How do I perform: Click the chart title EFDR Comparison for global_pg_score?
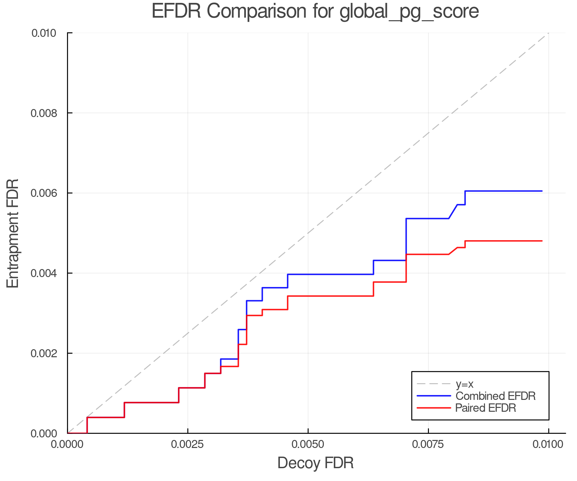tap(315, 12)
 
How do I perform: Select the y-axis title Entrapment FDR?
tap(13, 233)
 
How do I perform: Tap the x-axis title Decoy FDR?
tap(315, 463)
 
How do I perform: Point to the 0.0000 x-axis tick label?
tap(68, 444)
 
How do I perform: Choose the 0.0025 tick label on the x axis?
tap(188, 444)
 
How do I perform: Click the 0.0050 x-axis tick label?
tap(308, 444)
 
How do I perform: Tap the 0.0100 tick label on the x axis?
tap(548, 444)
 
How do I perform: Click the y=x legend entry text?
tap(464, 384)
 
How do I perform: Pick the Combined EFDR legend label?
tap(495, 396)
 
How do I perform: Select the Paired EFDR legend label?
tap(485, 408)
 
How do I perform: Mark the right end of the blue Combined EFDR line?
tap(542, 191)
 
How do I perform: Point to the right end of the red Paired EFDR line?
tap(542, 241)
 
